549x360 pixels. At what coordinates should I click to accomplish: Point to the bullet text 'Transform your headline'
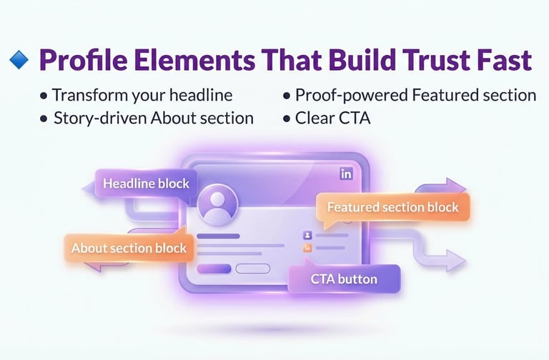[142, 95]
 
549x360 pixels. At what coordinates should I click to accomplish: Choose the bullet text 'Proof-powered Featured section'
[415, 95]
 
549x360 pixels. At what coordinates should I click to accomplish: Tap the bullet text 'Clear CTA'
[332, 118]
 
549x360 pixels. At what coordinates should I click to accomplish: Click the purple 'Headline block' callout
[146, 183]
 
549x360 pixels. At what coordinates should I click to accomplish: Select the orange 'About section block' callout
[129, 249]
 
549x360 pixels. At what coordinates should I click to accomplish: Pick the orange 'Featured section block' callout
[392, 207]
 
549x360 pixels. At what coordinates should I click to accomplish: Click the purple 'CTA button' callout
[344, 279]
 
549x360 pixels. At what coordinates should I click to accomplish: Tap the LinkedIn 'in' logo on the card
[347, 174]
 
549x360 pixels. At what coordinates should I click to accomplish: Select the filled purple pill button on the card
[214, 269]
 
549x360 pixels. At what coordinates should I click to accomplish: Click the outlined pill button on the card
[252, 269]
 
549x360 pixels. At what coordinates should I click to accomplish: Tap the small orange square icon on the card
[308, 248]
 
